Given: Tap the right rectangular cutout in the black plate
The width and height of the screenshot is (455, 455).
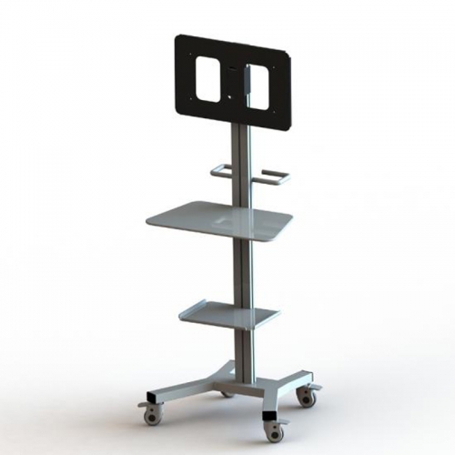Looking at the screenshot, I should click(x=267, y=88).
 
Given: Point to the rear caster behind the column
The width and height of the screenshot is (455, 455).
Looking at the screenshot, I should click(x=225, y=392).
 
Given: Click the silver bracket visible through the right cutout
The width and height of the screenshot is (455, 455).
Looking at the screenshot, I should click(x=246, y=83).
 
